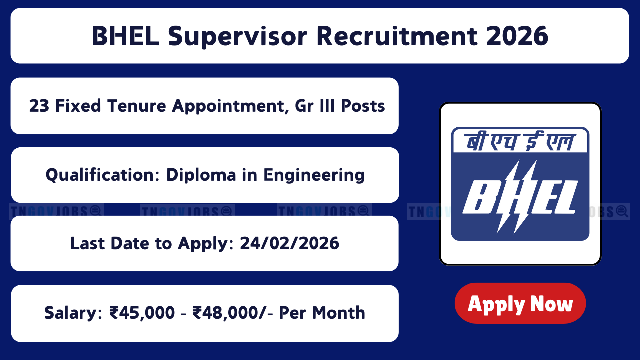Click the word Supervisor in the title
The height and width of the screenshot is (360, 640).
click(x=237, y=37)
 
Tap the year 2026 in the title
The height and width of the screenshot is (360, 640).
click(x=517, y=36)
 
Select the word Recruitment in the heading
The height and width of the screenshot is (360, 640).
click(x=397, y=36)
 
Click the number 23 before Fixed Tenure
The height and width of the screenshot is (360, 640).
click(x=39, y=106)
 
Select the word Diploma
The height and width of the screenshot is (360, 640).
click(x=201, y=175)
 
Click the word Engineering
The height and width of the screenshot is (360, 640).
click(x=314, y=175)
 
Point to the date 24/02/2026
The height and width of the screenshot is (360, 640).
click(x=289, y=243)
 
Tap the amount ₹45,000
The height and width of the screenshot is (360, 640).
click(x=142, y=313)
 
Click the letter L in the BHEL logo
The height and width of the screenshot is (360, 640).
click(x=562, y=197)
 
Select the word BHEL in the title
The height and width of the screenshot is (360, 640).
click(x=125, y=36)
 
